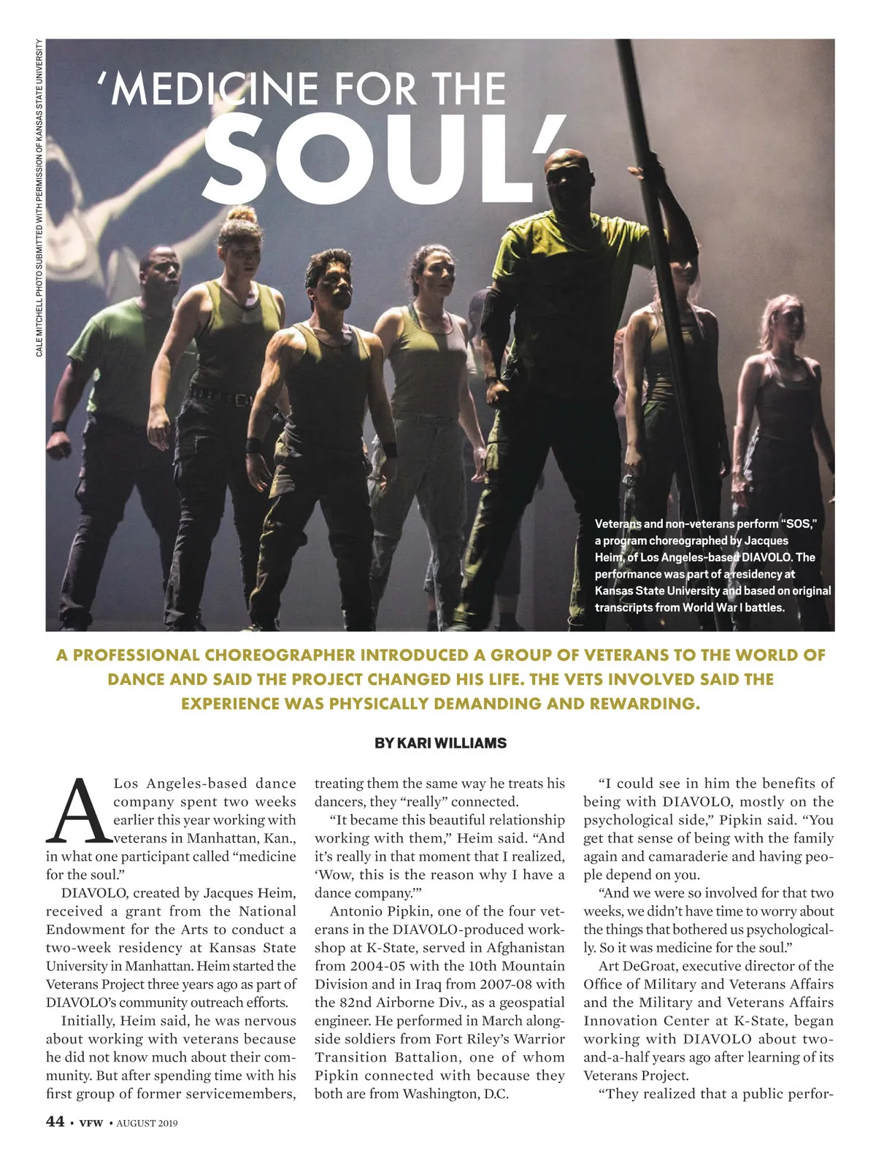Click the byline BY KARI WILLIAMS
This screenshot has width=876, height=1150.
[x=440, y=743]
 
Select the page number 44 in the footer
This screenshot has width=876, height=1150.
[x=55, y=1122]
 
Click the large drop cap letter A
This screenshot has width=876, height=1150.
[x=78, y=810]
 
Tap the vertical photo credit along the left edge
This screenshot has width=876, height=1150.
[x=39, y=197]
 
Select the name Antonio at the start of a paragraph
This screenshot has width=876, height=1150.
[x=357, y=911]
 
